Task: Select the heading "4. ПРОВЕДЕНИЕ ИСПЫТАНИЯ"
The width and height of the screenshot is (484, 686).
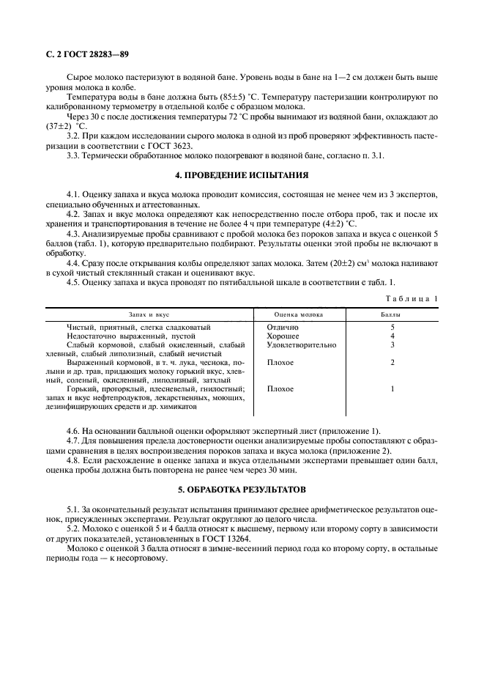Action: [242, 174]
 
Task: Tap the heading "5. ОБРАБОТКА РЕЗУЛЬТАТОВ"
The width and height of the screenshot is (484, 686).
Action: [242, 488]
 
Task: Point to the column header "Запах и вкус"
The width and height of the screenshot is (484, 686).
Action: [149, 313]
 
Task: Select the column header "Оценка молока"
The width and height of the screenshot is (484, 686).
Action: [293, 313]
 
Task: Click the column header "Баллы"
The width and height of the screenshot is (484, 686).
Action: [392, 313]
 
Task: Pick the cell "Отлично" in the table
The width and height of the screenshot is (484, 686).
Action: [283, 327]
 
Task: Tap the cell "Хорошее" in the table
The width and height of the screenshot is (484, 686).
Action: [283, 336]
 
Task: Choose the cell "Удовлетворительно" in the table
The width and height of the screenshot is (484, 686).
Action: [302, 344]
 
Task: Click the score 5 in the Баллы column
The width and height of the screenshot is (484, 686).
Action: [393, 327]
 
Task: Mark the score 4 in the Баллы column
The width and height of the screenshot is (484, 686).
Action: [393, 336]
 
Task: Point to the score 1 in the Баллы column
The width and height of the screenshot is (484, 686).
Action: [393, 388]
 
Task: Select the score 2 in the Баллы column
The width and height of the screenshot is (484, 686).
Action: [393, 362]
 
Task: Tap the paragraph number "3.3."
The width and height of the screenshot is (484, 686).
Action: [74, 155]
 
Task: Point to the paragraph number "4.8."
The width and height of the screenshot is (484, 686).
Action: [74, 460]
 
